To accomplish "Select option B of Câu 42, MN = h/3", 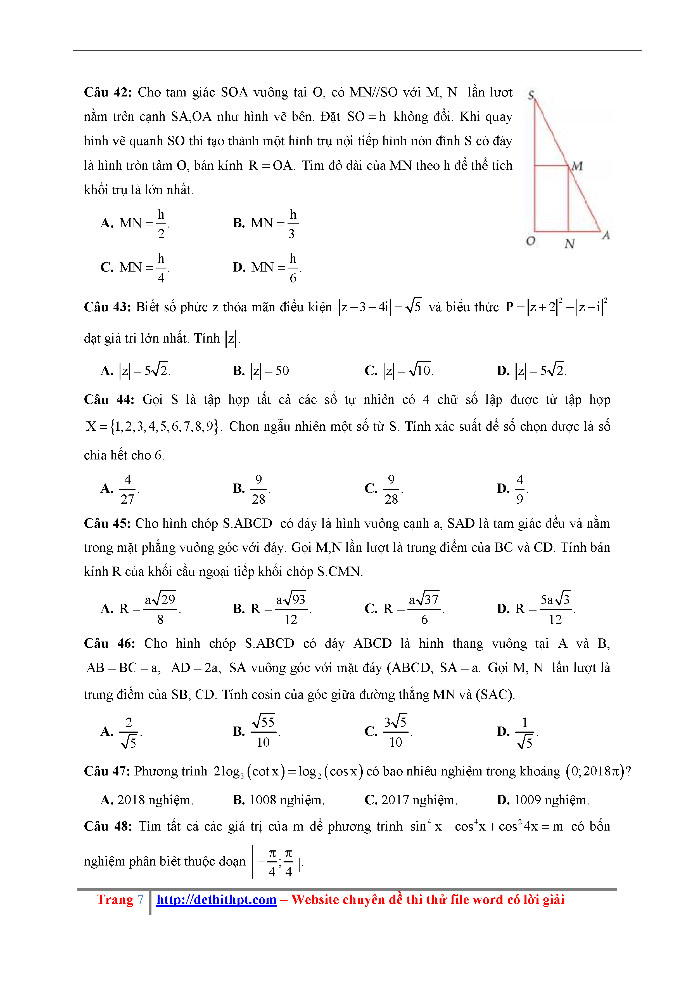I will (x=265, y=223).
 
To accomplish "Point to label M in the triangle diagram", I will (x=577, y=166).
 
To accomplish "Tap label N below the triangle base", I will (x=569, y=244).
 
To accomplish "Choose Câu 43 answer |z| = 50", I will (x=261, y=371).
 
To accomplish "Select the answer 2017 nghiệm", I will (x=411, y=800).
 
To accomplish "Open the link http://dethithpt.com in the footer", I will (x=217, y=899).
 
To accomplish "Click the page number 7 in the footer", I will (x=140, y=899).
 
